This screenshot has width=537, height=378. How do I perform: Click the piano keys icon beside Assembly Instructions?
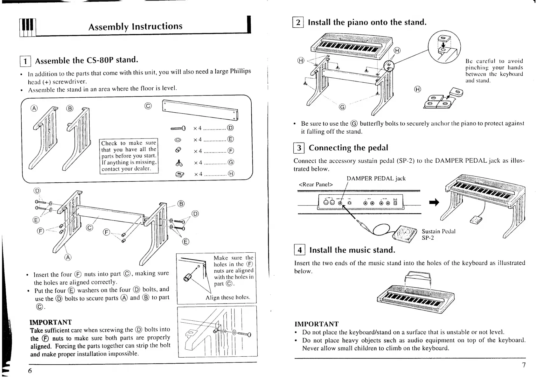pos(27,27)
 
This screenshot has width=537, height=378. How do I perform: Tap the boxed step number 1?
pos(25,61)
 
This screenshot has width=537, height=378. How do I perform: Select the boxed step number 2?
pos(298,22)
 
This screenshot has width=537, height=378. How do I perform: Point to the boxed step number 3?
pos(299,148)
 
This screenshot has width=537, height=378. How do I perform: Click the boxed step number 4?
pos(299,250)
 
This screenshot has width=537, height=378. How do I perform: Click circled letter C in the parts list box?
pos(148,106)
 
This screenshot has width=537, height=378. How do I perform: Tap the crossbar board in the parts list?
pos(200,110)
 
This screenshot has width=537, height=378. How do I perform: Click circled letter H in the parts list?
pos(231,174)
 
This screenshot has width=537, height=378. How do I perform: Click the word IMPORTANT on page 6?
pos(51,322)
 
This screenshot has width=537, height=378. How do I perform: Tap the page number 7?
pos(524,365)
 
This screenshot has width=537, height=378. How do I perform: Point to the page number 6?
pos(30,371)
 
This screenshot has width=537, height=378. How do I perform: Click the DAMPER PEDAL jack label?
pos(376,178)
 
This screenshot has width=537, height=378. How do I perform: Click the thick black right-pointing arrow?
pos(434,202)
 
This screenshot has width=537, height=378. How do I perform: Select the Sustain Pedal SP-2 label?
pos(438,234)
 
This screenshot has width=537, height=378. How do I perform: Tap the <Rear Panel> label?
pos(316,185)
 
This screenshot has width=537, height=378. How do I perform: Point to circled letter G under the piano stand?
pos(342,107)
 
